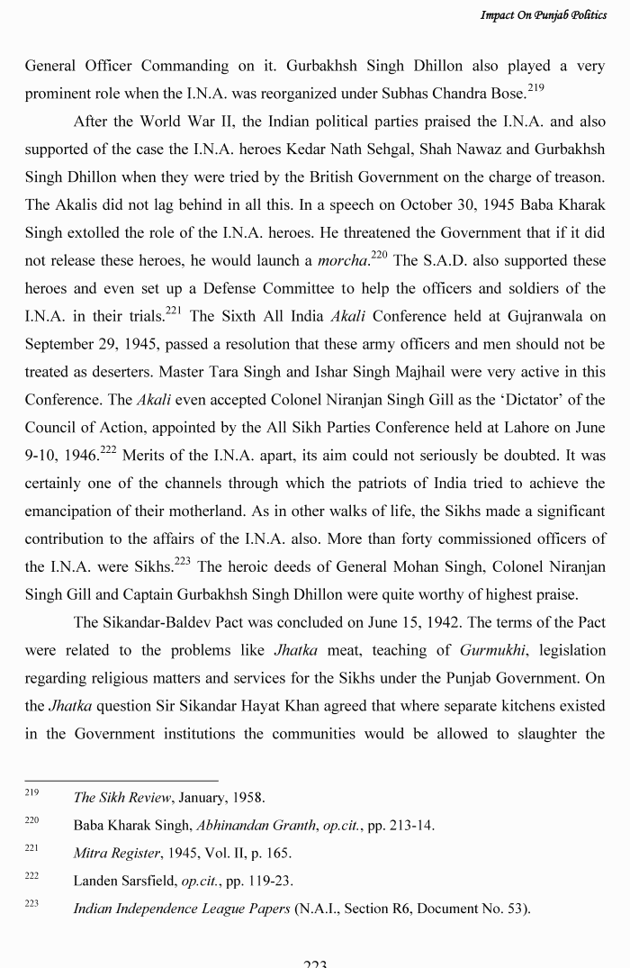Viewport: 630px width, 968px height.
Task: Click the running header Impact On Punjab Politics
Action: pyautogui.click(x=544, y=16)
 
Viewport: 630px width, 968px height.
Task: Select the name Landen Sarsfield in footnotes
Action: pyautogui.click(x=125, y=881)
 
